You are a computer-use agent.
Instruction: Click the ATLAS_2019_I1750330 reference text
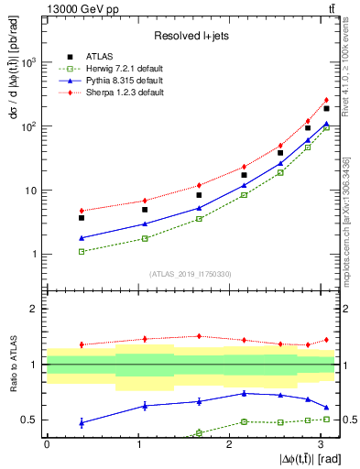coord(190,273)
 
